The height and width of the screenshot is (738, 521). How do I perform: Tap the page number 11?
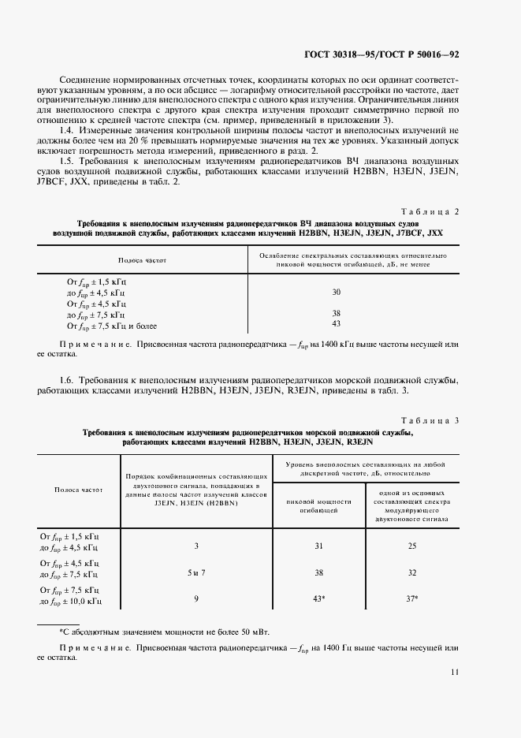coord(455,672)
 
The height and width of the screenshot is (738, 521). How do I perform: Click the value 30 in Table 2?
coord(336,292)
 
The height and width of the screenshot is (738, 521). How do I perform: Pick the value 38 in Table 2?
coord(336,313)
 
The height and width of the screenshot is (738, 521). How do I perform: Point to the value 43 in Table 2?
coord(336,323)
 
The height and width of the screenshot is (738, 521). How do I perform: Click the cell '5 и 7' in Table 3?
coord(197,573)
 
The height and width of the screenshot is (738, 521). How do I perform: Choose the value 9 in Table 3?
coord(197,598)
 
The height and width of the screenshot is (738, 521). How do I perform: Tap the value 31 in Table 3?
coord(318,546)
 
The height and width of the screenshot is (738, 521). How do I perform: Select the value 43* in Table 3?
coord(319,598)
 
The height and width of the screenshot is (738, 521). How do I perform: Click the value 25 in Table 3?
coord(411,546)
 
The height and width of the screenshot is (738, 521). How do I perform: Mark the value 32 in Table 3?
coord(411,573)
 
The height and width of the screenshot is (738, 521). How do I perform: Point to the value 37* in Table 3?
coord(411,598)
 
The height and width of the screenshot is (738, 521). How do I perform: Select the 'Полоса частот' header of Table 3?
coord(79,490)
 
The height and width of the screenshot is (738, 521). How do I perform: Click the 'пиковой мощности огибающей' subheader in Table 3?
coord(318,505)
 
